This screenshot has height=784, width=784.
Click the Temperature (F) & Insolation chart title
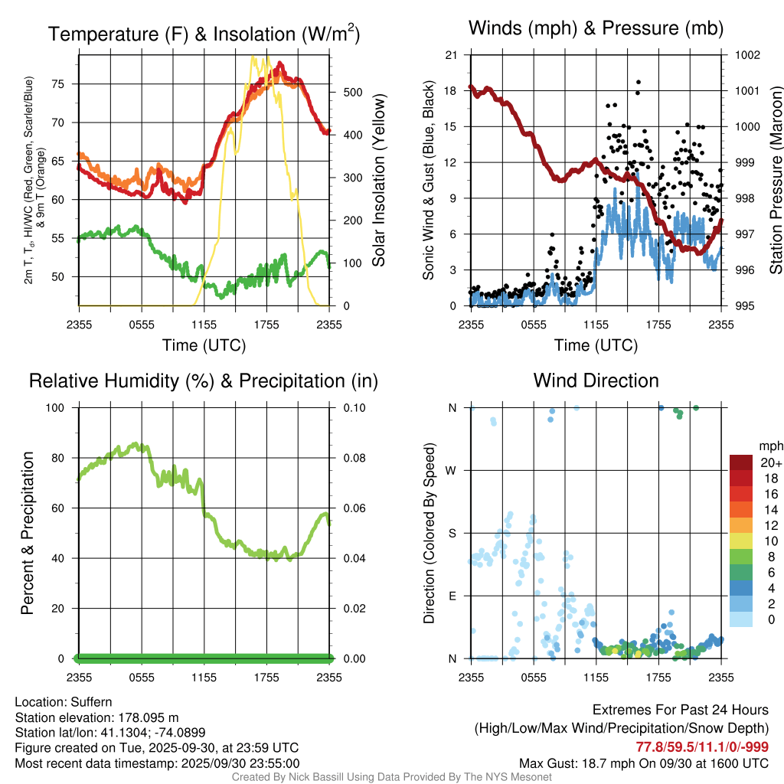[204, 34]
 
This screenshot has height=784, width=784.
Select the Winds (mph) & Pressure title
[596, 28]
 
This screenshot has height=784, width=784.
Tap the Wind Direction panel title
[596, 381]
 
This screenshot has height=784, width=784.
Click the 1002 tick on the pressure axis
[746, 55]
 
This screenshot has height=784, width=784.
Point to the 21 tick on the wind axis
[452, 55]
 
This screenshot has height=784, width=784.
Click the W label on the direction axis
[452, 470]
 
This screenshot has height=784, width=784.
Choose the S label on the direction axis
[452, 533]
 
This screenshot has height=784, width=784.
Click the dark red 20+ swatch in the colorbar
[741, 462]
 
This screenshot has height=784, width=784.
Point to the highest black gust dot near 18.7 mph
[638, 82]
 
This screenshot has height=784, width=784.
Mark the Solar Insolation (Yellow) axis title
[378, 181]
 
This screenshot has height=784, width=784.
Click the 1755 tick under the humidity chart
[267, 678]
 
